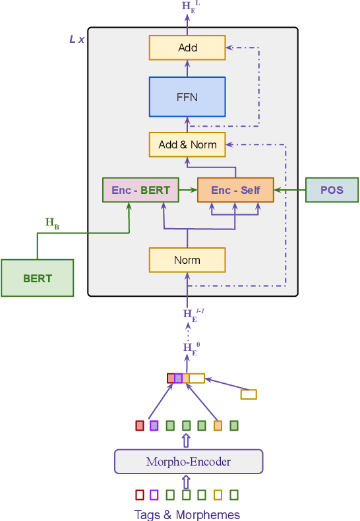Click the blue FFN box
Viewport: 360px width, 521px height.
(187, 97)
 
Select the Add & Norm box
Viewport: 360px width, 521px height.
(187, 144)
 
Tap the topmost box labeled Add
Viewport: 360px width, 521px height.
(187, 48)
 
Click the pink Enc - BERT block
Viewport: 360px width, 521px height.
(140, 190)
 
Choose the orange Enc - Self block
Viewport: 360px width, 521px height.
(235, 190)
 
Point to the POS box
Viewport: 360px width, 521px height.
(332, 190)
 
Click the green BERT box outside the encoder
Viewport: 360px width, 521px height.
(37, 278)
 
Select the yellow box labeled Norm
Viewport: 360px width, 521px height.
(187, 260)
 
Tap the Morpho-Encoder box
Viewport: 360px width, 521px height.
(189, 462)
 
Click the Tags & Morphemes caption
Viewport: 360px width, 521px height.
(187, 515)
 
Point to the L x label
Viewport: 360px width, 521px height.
(77, 40)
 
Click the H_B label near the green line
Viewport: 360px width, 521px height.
(52, 224)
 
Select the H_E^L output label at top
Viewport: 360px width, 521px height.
(189, 7)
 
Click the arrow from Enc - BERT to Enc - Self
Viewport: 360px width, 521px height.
(188, 190)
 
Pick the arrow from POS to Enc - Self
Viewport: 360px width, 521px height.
(289, 190)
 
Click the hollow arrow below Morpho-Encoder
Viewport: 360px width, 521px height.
(186, 481)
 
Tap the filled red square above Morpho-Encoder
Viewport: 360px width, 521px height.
(140, 425)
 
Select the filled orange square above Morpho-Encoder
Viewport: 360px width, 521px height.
(218, 425)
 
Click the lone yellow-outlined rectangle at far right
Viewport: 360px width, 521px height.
(249, 394)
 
